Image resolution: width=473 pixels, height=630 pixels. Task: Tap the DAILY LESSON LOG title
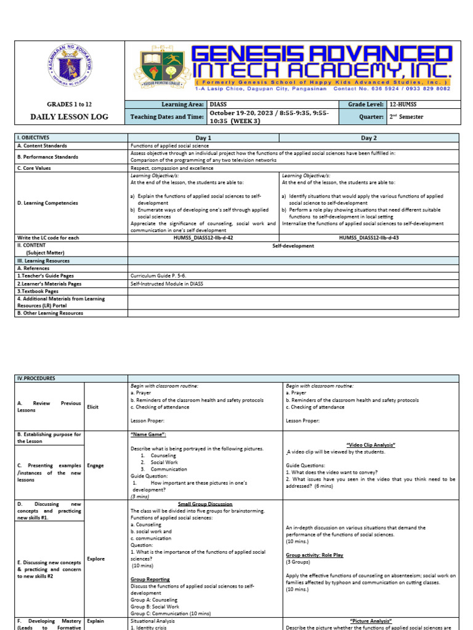point(69,116)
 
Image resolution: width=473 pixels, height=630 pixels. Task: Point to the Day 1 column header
point(203,138)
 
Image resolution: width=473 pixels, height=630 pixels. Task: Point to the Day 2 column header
point(370,138)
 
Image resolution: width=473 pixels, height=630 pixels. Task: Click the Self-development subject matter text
point(293,245)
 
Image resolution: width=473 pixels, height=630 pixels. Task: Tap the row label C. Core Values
point(34,167)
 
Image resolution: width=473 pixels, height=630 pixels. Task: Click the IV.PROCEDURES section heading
point(36,378)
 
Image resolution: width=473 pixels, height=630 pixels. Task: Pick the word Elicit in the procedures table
point(94,406)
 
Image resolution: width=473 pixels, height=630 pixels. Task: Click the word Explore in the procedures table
point(95,559)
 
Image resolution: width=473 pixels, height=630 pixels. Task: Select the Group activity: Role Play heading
point(315,555)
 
